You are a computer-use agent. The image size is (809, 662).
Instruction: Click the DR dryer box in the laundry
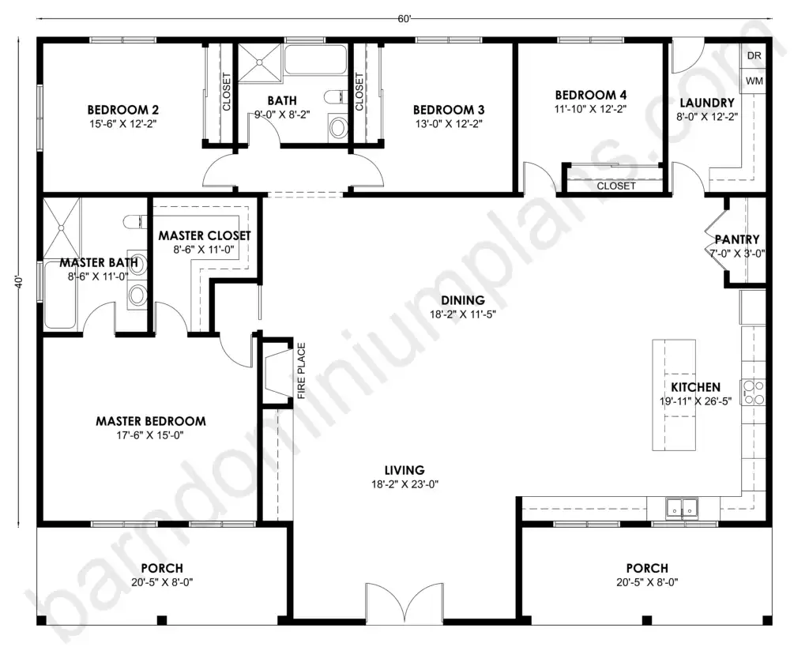click(753, 56)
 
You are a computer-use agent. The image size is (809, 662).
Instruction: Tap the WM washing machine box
click(753, 81)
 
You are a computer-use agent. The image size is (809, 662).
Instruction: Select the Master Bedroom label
click(151, 421)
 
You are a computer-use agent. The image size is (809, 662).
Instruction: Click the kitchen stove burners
click(753, 393)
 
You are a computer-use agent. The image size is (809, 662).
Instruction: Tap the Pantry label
click(737, 239)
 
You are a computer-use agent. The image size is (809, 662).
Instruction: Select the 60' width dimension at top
click(404, 19)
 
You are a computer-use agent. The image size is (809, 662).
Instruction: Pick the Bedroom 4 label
click(591, 95)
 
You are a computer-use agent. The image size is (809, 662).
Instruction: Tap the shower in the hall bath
click(260, 62)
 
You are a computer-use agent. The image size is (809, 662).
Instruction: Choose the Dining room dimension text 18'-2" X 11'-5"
click(463, 314)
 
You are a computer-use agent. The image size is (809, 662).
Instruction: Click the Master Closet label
click(205, 235)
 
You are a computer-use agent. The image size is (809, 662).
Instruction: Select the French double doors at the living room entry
click(404, 601)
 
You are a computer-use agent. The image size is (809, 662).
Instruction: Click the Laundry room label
click(707, 103)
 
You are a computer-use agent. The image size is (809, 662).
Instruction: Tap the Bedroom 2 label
click(122, 109)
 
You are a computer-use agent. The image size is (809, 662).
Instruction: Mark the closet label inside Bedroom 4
click(616, 186)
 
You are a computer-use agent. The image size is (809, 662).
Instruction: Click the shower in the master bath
click(62, 227)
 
